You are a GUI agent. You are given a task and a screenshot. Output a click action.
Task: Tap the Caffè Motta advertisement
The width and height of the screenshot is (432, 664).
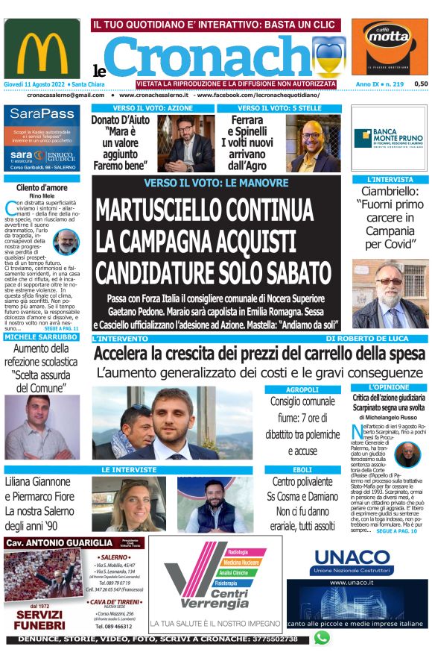pos(390,46)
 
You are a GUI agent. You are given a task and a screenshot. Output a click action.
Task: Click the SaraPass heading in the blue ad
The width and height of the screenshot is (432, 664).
pos(43,114)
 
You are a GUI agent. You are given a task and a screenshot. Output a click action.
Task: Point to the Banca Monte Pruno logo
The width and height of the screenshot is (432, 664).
pos(390,139)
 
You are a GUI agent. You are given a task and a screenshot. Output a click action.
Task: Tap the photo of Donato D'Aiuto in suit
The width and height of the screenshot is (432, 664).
pos(186,142)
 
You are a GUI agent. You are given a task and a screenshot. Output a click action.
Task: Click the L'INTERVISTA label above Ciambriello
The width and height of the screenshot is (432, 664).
pos(390,180)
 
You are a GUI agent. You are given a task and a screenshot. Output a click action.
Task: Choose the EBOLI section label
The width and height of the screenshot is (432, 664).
pos(302,469)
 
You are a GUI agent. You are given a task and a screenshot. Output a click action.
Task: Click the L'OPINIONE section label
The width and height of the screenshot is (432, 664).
pos(390,387)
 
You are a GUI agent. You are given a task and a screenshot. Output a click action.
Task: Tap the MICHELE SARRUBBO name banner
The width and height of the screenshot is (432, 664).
pos(42,337)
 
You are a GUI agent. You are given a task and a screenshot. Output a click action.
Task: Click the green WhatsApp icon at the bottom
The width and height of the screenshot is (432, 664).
pos(322,638)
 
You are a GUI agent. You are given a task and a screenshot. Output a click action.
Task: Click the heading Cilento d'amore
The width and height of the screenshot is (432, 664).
pos(42,188)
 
